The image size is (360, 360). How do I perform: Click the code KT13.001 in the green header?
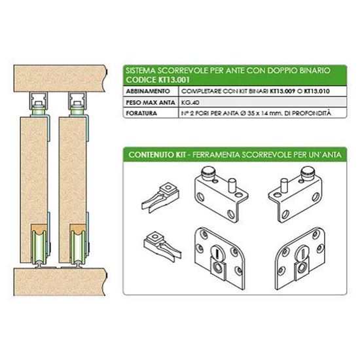point(174,80)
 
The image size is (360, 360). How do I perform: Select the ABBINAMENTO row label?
point(148,91)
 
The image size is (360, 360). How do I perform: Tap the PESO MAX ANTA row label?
point(151,102)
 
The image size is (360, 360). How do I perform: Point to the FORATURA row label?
point(141,113)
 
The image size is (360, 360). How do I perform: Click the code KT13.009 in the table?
point(282,91)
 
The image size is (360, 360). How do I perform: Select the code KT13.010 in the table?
point(317,91)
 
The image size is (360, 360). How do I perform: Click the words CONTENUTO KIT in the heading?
point(157,154)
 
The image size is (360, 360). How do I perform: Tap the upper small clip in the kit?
point(160,198)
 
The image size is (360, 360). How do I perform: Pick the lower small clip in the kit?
point(162,246)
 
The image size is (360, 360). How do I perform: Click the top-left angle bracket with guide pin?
point(221,194)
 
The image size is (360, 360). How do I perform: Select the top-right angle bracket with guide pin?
point(296,194)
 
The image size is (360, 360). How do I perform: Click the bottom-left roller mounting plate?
point(219,259)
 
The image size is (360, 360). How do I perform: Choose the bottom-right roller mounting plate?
point(300,259)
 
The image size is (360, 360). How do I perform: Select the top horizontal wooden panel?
point(60,79)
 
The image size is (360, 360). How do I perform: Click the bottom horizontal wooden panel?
point(60,281)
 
